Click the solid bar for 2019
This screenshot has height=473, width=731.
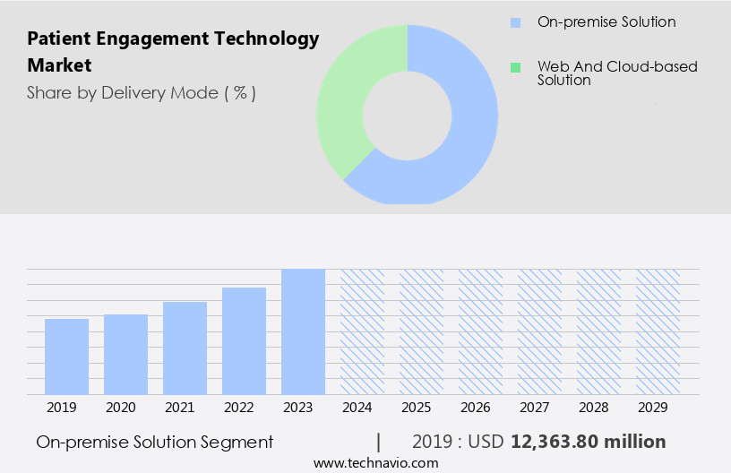(x=66, y=357)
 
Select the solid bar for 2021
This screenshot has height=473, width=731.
(x=185, y=348)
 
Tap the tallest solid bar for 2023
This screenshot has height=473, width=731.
(x=303, y=331)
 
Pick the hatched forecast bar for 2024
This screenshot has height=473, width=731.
(x=362, y=331)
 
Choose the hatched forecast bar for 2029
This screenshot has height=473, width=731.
(x=658, y=331)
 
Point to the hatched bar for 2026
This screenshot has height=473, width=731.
(x=480, y=331)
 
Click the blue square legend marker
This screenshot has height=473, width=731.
(x=515, y=22)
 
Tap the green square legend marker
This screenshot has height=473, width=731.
(x=515, y=67)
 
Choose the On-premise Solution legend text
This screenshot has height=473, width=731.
(x=606, y=21)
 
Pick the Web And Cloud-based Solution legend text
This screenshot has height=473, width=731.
(x=616, y=73)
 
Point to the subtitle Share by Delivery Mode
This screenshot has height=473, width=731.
(x=141, y=93)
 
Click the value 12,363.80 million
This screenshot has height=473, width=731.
(x=588, y=442)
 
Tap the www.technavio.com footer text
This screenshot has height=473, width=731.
(x=376, y=462)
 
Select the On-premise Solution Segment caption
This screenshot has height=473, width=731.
(x=155, y=442)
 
